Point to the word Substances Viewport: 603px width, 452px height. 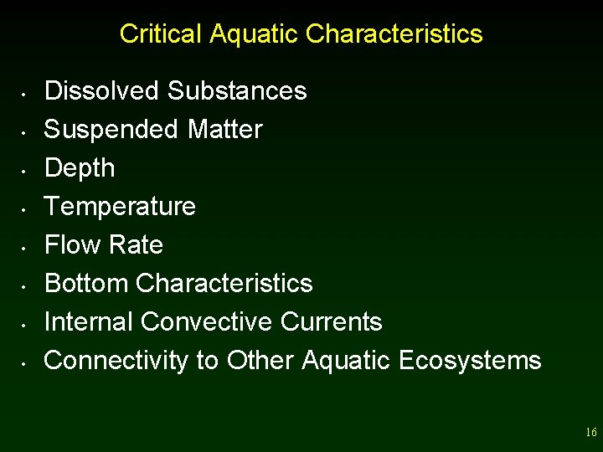[237, 90]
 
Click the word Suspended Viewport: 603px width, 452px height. [111, 130]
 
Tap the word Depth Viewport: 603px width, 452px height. [80, 168]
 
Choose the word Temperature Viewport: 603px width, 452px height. [120, 206]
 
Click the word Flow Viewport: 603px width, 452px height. [71, 244]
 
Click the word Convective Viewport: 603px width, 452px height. [207, 321]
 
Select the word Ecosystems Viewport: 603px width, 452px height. [470, 360]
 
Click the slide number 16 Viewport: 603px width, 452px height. [591, 433]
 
